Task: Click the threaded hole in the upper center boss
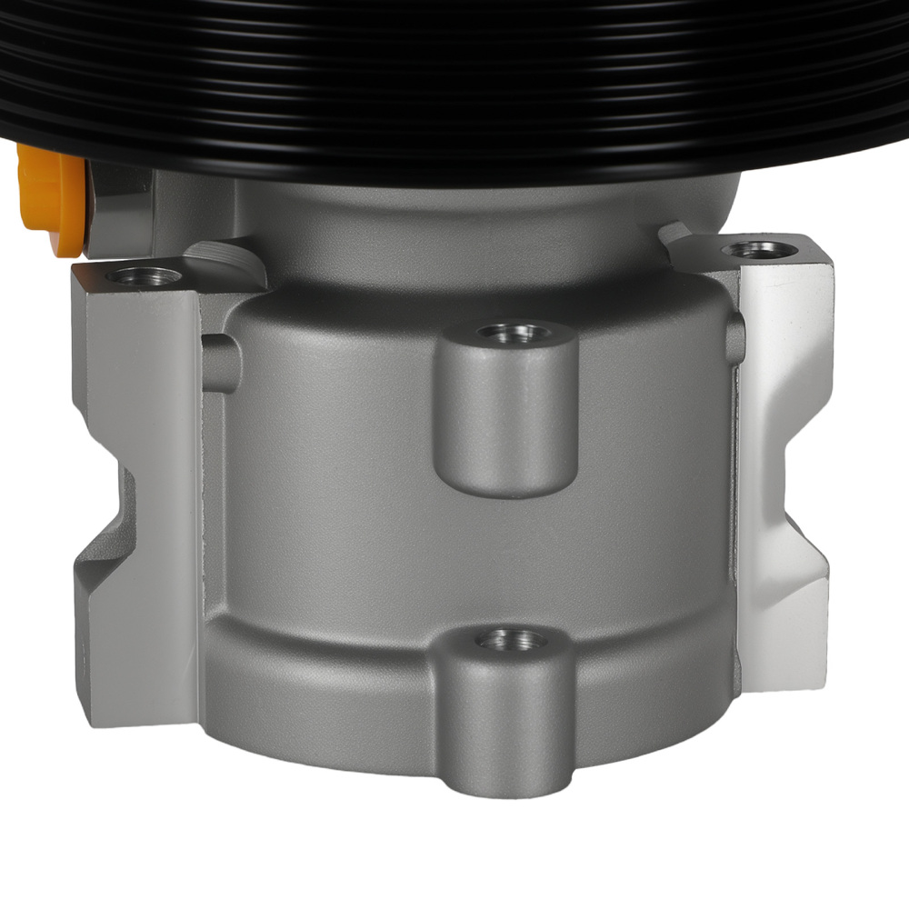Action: pyautogui.click(x=506, y=334)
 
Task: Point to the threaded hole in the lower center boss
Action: pyautogui.click(x=511, y=641)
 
